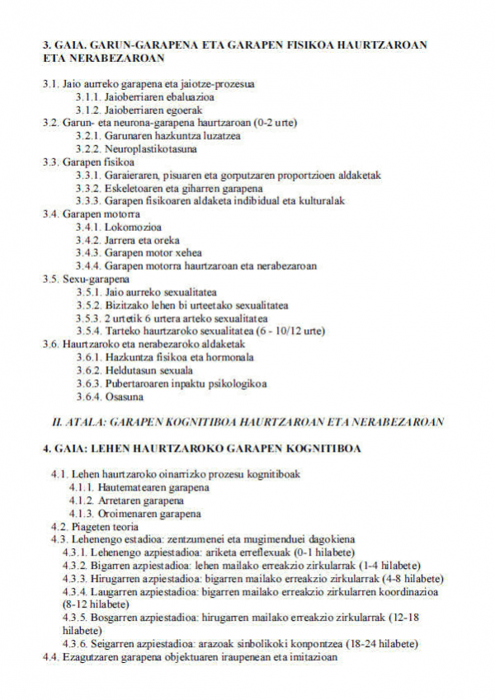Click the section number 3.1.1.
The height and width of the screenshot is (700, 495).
coord(88,96)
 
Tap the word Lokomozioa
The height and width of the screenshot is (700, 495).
coord(134,227)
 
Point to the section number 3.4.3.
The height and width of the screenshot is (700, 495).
coord(88,253)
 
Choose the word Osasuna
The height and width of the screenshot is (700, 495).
coord(125,397)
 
